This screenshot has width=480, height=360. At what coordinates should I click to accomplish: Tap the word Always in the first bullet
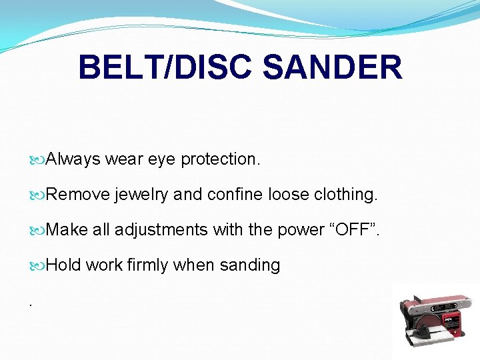[74, 159]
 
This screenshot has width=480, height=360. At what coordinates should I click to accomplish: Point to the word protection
[220, 159]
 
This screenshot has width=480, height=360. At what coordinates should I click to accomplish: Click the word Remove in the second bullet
[78, 195]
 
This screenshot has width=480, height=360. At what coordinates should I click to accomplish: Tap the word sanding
[250, 265]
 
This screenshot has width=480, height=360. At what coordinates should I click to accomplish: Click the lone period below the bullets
[31, 302]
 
